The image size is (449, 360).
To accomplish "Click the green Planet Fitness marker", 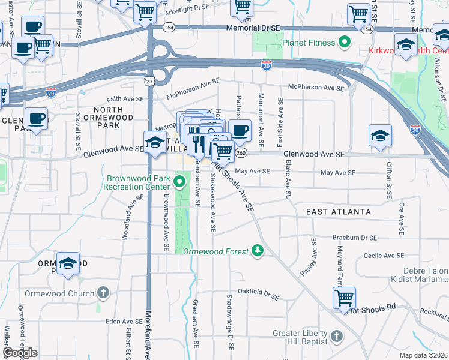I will pos(345,42).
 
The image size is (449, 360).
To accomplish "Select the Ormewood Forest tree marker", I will pos(258,250).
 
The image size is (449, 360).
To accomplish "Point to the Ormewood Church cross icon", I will pos(103,293).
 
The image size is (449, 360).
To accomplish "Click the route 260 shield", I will pos(241,154).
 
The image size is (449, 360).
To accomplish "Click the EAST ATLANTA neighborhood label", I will pos(339,212).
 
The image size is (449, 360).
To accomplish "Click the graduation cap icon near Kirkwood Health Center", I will pos(406,44).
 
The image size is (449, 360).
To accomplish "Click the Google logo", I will pos(20,353).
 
